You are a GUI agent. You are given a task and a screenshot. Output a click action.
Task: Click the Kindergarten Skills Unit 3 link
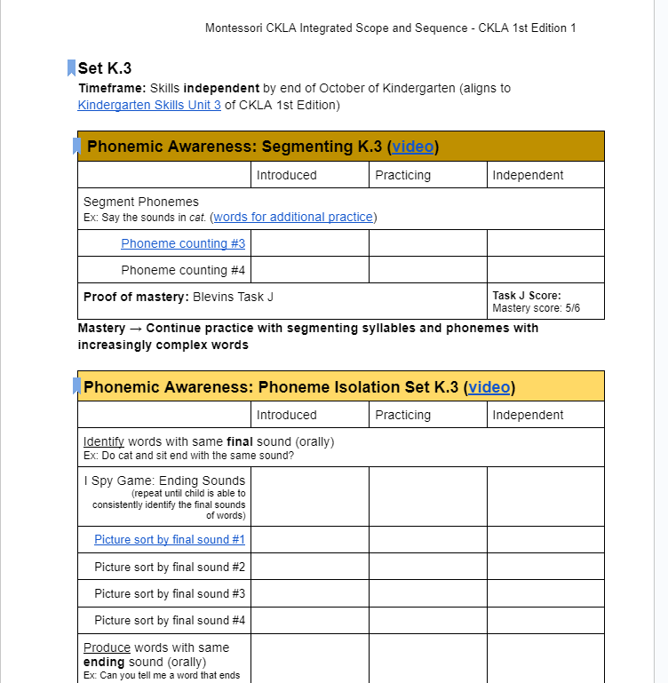point(149,105)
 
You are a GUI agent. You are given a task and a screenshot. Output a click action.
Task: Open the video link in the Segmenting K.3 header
point(413,147)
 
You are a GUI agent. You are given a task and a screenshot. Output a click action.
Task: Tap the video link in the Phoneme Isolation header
point(489,386)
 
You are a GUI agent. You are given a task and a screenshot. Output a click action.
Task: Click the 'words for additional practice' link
point(293,217)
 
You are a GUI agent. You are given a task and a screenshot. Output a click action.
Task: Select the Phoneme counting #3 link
point(183,243)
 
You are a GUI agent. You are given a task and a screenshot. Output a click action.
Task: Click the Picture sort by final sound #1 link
point(170,539)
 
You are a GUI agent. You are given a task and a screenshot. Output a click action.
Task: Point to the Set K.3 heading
point(105,68)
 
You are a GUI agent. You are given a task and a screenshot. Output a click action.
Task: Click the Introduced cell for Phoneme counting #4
point(309,270)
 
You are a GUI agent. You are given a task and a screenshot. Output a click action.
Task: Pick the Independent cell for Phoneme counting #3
point(545,243)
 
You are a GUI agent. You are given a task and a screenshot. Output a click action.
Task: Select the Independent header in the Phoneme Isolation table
point(528,415)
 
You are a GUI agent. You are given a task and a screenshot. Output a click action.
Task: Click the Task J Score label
point(527,296)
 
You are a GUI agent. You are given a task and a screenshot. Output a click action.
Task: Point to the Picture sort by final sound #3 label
point(170,593)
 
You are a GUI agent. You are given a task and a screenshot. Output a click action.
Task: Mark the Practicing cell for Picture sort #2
point(427,567)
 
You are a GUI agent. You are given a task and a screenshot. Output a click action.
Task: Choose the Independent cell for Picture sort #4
point(545,620)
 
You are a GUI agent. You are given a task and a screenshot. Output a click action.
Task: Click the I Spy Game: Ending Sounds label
point(164,480)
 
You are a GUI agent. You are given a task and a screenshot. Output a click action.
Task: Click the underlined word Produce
point(107,647)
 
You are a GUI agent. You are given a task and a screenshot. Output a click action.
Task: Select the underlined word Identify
point(103,441)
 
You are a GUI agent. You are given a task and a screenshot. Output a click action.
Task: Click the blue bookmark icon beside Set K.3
point(71,68)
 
